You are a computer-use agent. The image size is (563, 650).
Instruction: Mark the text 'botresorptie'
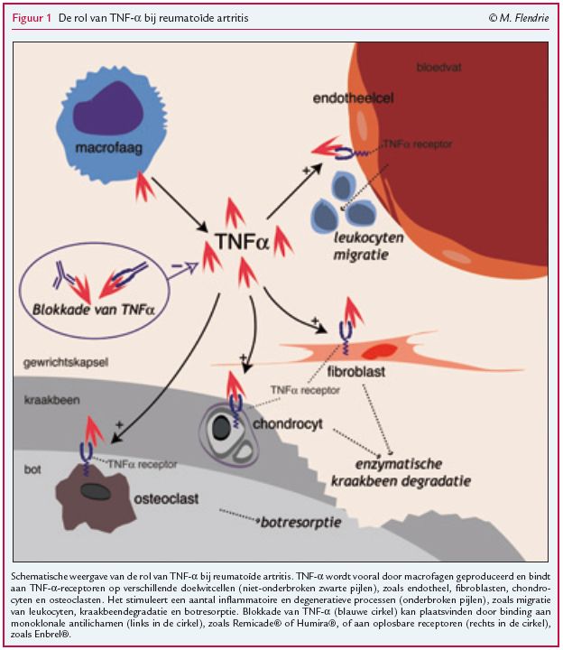[x=295, y=522]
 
